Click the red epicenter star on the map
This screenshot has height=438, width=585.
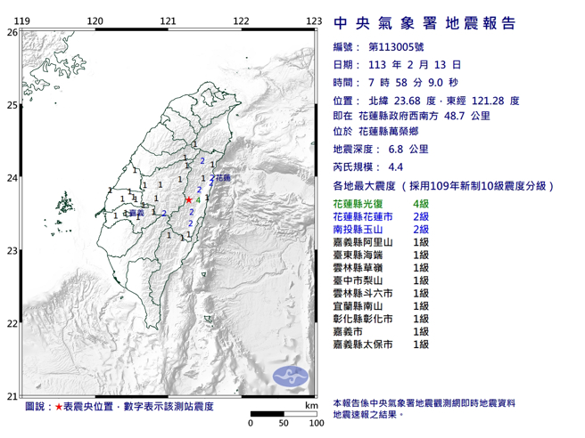188,201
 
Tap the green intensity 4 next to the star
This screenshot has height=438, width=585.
198,202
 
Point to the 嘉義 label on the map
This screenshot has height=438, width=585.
136,214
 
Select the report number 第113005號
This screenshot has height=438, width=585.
394,46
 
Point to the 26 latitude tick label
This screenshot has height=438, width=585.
12,32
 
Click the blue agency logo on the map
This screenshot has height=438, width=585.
290,374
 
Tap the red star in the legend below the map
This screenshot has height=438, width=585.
59,407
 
